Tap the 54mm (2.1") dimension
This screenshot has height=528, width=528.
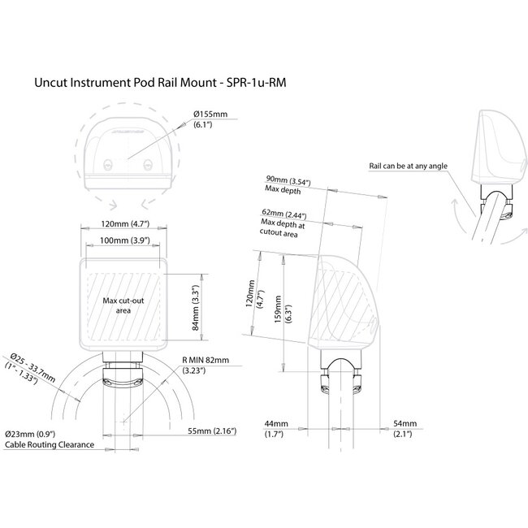(404, 430)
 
